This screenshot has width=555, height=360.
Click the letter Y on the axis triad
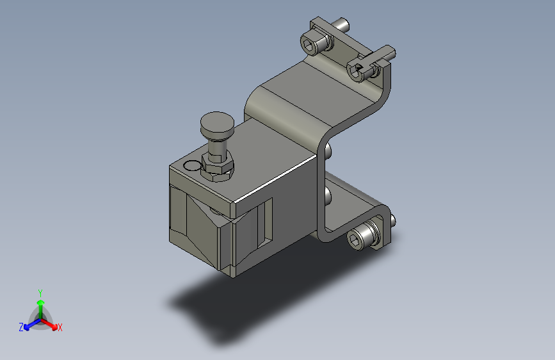[40, 293]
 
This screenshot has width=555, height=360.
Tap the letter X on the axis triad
[60, 328]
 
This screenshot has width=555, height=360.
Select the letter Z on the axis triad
[21, 327]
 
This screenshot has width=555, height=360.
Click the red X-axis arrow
[49, 324]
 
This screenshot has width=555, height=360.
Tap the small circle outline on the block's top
[192, 165]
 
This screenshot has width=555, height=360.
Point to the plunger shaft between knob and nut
[216, 147]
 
